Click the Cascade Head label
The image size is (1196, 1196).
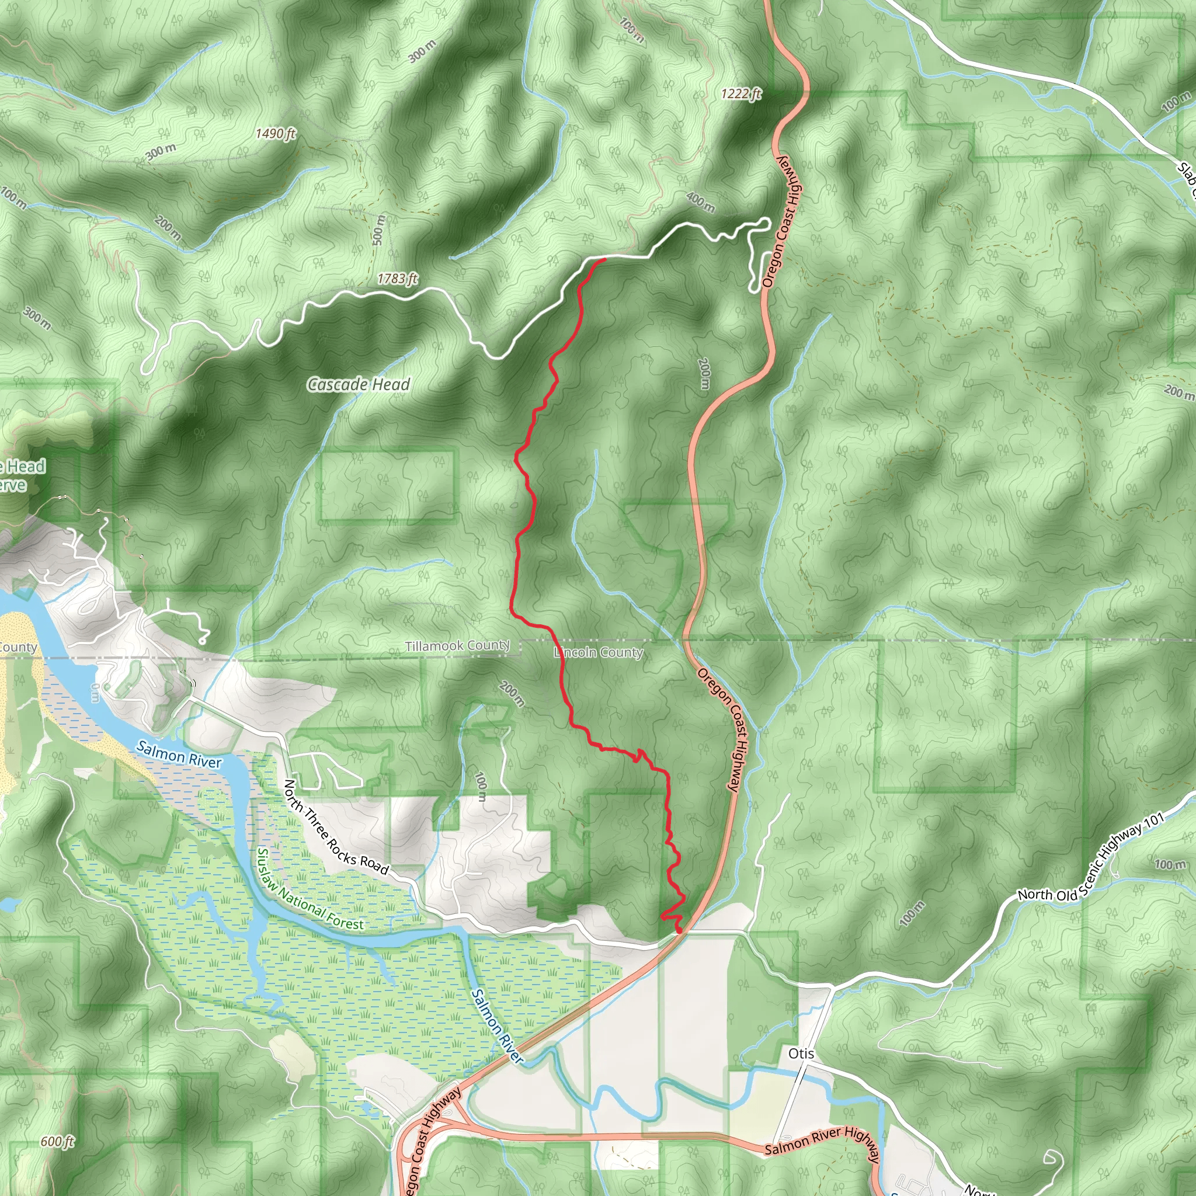(x=359, y=384)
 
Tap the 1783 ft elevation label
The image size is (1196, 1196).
(x=398, y=279)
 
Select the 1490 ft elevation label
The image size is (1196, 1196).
(x=276, y=134)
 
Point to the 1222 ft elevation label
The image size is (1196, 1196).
(x=741, y=94)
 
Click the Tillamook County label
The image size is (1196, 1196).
(x=457, y=646)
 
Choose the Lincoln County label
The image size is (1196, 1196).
(x=598, y=652)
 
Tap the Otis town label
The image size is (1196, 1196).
(x=801, y=1053)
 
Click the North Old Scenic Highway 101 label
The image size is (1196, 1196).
(x=1091, y=857)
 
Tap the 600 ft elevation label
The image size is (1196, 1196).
(x=57, y=1142)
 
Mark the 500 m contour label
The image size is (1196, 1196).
(x=379, y=230)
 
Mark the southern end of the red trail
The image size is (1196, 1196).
(x=679, y=930)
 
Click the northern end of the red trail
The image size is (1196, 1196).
(x=604, y=259)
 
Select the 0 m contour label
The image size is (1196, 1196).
(x=95, y=693)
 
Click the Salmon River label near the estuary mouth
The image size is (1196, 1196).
(x=179, y=755)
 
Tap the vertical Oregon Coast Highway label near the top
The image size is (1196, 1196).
(x=782, y=221)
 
